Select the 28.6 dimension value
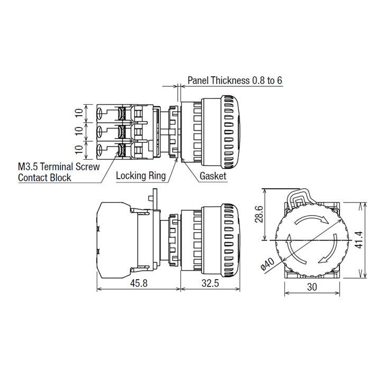coord(258,214)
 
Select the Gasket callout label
coord(213,176)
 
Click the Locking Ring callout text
coord(141,176)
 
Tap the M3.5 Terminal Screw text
coord(59,167)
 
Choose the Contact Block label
coord(44,178)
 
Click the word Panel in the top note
coord(198,81)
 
